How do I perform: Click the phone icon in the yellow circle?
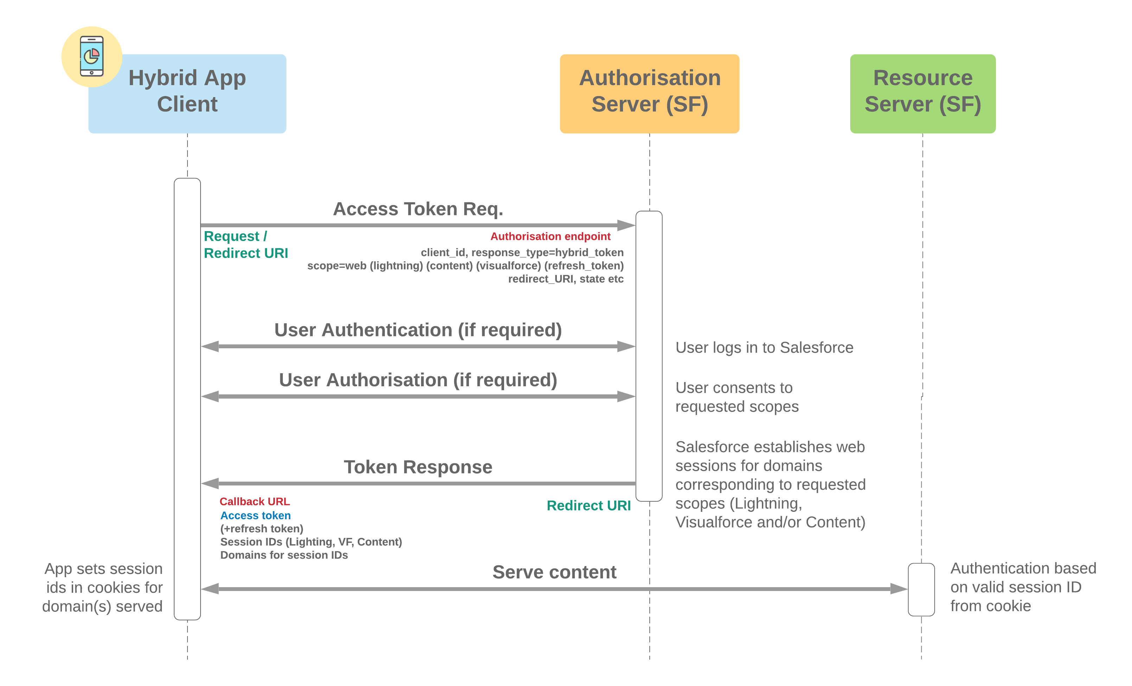tap(91, 56)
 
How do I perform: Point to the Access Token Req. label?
tap(418, 209)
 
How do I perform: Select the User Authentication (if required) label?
tap(418, 330)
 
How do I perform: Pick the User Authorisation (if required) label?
tap(418, 380)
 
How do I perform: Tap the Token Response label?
tap(418, 467)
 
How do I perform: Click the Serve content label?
tap(554, 572)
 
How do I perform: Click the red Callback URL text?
tap(255, 501)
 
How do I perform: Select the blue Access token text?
tap(255, 515)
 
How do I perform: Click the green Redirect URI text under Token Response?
tap(588, 506)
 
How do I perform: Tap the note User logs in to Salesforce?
tap(764, 347)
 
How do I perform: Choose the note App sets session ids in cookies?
tap(103, 587)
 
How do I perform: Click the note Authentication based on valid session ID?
tap(1022, 587)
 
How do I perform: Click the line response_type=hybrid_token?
tap(522, 252)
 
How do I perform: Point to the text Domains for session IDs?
tap(284, 555)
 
